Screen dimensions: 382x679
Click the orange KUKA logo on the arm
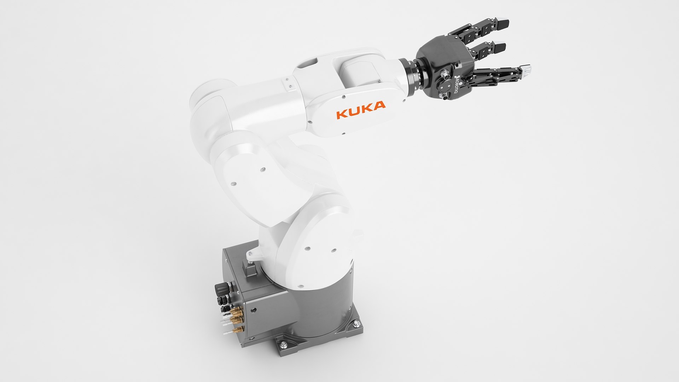coord(361,110)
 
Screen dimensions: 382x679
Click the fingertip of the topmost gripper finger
coord(503,24)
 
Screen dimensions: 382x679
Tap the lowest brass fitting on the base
coord(238,330)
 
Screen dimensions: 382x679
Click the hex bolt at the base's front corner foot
coord(283,345)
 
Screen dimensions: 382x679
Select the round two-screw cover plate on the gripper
coord(445,87)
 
